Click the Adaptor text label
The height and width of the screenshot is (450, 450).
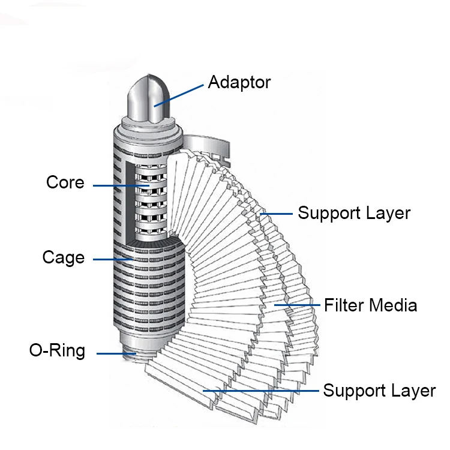(x=239, y=82)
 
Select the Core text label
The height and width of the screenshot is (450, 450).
(x=65, y=182)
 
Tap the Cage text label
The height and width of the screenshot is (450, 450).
(x=63, y=257)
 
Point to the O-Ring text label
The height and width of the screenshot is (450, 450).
(x=57, y=350)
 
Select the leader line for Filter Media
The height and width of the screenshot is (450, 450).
(x=297, y=306)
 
